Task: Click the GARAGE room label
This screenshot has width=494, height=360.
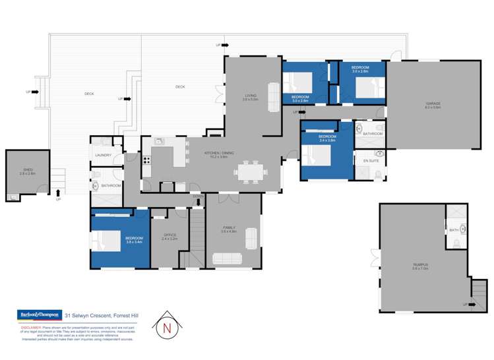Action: (433, 104)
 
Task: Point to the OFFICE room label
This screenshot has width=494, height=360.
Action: (170, 235)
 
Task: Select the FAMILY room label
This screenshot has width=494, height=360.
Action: (229, 228)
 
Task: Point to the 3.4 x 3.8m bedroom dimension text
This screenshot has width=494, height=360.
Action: (328, 140)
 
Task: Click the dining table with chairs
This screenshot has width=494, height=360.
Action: (251, 172)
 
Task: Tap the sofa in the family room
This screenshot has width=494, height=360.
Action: (252, 236)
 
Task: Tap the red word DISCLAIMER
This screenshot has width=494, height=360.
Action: (31, 327)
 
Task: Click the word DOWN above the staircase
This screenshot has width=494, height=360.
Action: (198, 196)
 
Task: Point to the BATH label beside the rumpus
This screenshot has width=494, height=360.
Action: (453, 230)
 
